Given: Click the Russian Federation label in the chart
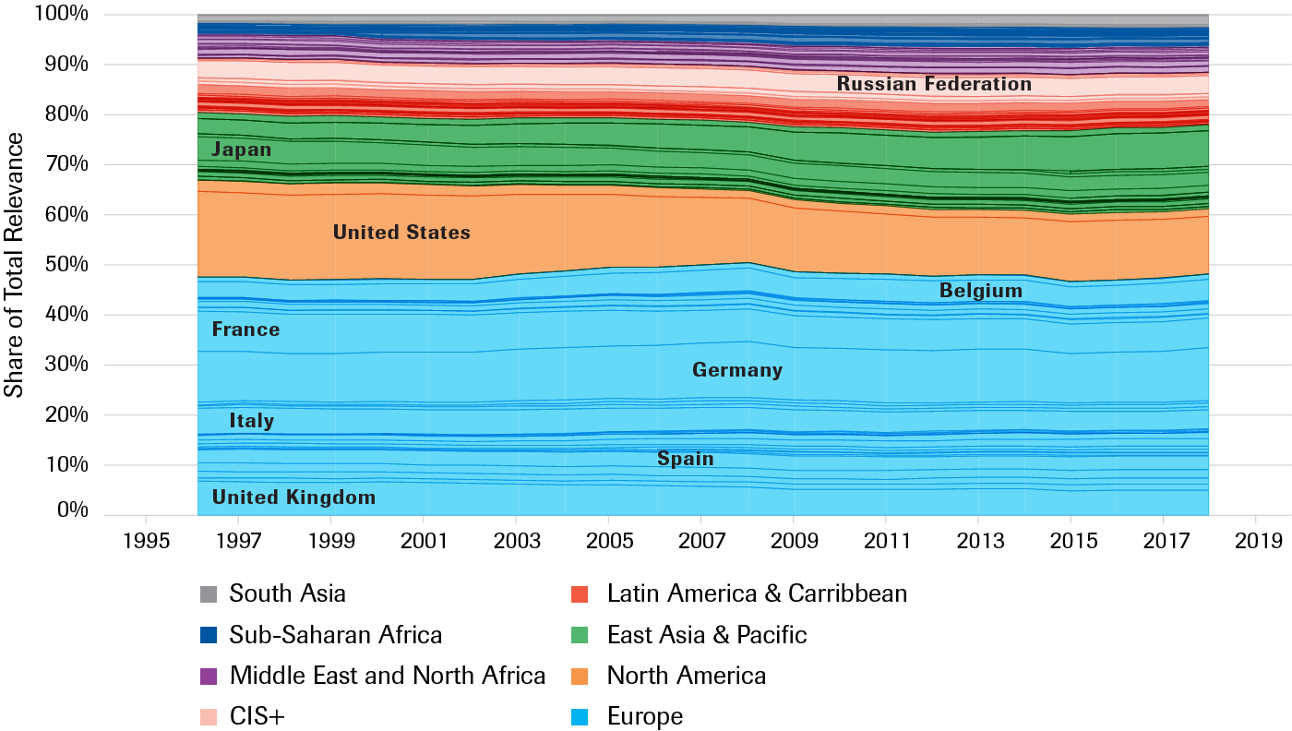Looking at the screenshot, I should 934,84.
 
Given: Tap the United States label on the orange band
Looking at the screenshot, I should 401,233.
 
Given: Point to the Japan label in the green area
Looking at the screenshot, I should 241,150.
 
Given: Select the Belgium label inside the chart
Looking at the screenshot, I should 980,292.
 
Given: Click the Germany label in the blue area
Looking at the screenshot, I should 736,370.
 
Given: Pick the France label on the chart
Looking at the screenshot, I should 245,330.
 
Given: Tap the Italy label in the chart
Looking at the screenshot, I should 252,421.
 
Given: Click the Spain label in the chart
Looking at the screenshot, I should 685,459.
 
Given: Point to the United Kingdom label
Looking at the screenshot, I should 293,497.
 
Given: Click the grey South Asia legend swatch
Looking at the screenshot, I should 209,593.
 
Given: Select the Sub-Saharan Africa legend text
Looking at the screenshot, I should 336,635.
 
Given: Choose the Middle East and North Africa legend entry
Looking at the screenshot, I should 388,676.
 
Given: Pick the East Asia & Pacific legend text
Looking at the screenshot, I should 707,635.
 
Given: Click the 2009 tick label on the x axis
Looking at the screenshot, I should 793,540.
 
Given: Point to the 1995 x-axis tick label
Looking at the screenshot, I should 145,540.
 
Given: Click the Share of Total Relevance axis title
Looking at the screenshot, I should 15,265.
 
